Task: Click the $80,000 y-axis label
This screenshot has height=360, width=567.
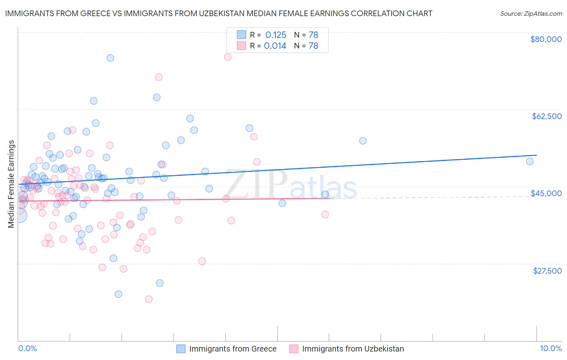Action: point(546,39)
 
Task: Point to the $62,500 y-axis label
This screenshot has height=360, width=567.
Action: point(546,116)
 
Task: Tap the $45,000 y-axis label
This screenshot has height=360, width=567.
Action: point(546,193)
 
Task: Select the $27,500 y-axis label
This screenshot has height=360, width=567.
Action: point(547,270)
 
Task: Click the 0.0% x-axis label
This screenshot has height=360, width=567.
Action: point(27,348)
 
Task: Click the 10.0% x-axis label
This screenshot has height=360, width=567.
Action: point(550,348)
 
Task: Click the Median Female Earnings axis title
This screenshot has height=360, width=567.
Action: point(11,184)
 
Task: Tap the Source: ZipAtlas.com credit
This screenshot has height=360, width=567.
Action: point(531,13)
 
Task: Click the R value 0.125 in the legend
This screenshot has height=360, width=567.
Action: point(275,35)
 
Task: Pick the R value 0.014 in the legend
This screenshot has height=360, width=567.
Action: point(275,46)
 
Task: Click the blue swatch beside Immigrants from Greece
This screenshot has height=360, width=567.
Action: point(181,349)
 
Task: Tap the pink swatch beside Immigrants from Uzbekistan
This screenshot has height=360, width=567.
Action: point(294,349)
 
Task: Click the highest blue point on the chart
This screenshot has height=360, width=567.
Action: point(110,58)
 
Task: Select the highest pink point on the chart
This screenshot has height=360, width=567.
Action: point(227,57)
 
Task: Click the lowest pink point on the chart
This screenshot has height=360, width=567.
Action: point(148,299)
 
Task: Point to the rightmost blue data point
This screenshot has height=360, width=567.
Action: point(529,161)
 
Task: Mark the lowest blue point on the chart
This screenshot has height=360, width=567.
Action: point(118,294)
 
